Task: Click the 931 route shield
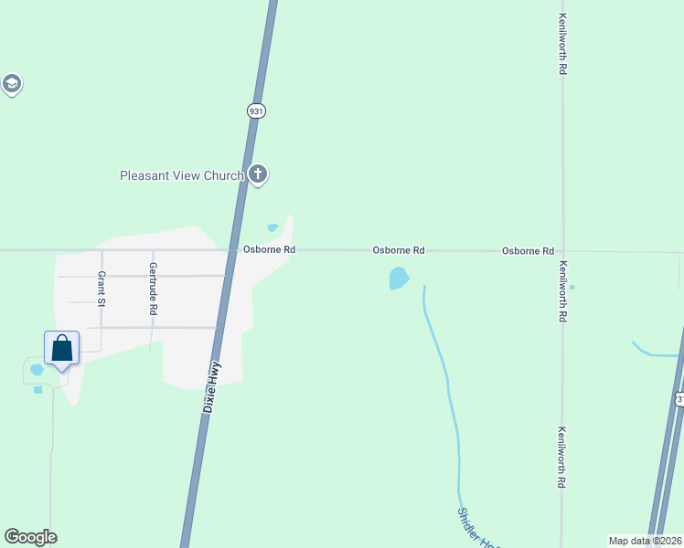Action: (x=256, y=111)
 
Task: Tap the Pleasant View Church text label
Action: (x=182, y=175)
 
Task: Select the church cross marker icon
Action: (x=258, y=174)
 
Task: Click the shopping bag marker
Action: (x=61, y=348)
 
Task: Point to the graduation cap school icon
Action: (x=11, y=85)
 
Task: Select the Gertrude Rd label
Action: (x=153, y=289)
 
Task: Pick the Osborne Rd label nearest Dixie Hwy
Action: (x=269, y=249)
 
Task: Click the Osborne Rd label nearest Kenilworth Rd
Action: (x=528, y=250)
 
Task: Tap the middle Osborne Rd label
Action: (x=399, y=249)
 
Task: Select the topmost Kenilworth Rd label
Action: (x=563, y=43)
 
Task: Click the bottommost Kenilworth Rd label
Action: (x=563, y=458)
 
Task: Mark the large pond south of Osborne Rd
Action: (x=399, y=278)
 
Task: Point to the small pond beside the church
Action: (x=273, y=227)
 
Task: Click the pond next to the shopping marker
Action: (x=37, y=370)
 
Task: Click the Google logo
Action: (x=30, y=537)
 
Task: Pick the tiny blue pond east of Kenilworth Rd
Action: (x=572, y=287)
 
